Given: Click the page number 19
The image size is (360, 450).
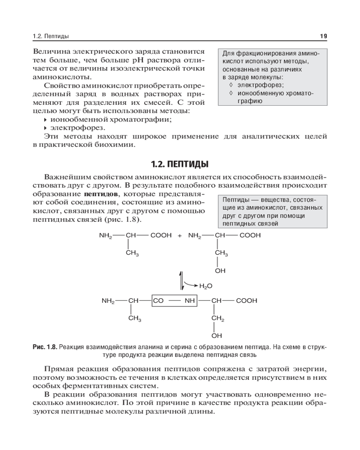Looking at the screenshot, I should click(x=323, y=36).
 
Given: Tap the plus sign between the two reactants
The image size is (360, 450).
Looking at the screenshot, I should click(x=180, y=235).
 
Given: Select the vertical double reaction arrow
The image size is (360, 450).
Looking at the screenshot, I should click(x=182, y=280).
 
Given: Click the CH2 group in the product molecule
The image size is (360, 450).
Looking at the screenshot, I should click(x=218, y=319).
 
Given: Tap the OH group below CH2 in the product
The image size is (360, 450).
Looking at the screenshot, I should click(x=217, y=335).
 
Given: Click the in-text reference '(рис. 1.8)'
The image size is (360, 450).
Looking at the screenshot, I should click(x=122, y=220).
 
